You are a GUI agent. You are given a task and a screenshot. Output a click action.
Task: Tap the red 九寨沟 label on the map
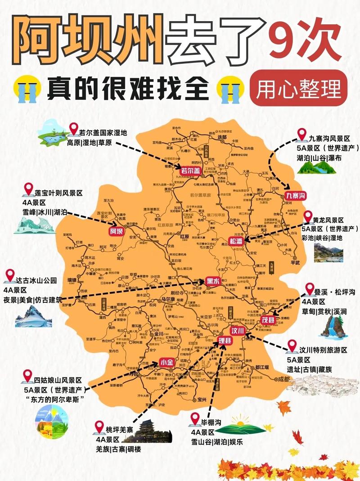[296, 195]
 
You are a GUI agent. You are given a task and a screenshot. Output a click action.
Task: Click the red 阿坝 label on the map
[116, 232]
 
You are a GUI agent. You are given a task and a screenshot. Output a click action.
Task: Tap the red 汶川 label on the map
[237, 331]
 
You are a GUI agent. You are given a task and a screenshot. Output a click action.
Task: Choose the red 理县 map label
[225, 341]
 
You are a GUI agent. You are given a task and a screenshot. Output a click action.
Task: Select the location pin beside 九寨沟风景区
[301, 134]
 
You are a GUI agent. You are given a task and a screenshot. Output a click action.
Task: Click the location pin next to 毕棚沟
[195, 419]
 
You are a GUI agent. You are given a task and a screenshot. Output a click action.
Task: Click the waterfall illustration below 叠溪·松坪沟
[332, 326]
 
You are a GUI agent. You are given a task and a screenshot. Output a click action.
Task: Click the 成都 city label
[284, 379]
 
